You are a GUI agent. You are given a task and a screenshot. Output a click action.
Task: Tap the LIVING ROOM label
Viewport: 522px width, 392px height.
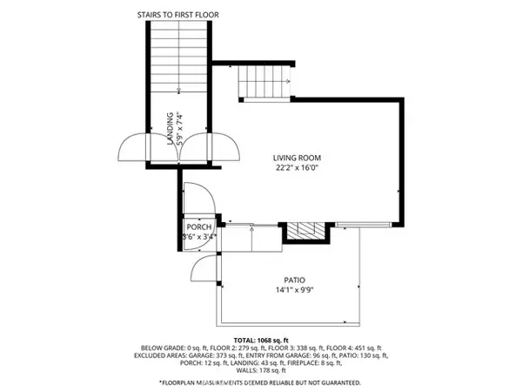(x=298, y=157)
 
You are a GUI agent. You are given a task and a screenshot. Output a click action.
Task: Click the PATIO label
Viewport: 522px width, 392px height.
(x=294, y=280)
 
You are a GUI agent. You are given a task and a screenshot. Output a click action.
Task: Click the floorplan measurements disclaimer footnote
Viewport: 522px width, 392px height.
(x=259, y=382)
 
